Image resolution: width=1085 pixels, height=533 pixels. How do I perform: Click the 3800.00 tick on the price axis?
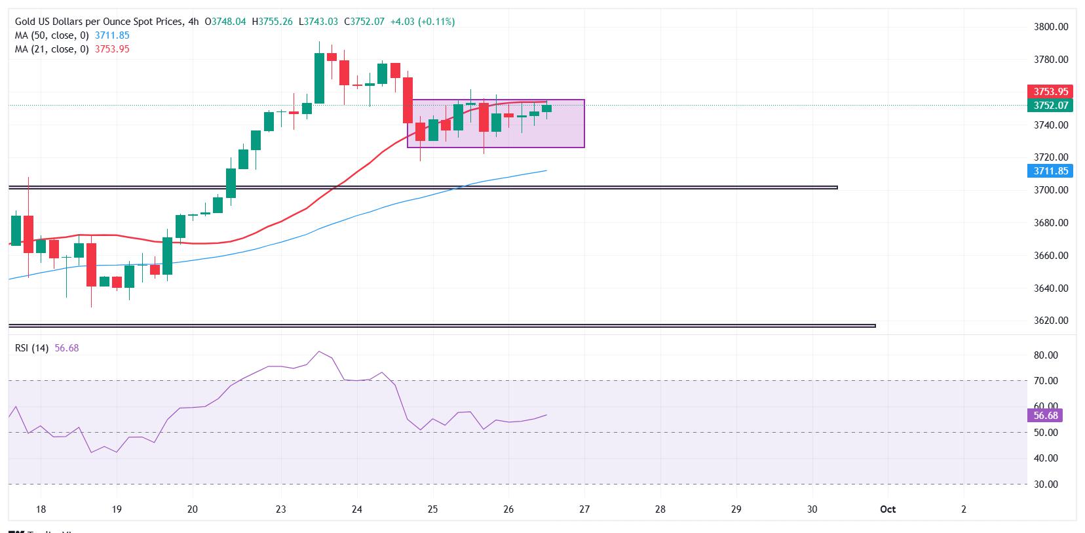click(x=1050, y=27)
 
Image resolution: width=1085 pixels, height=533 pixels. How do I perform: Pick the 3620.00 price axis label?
click(x=1050, y=321)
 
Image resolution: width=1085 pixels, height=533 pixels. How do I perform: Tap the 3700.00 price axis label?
click(x=1050, y=190)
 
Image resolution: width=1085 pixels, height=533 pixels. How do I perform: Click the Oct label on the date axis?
click(x=888, y=509)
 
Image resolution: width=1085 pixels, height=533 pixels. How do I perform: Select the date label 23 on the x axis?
click(x=280, y=509)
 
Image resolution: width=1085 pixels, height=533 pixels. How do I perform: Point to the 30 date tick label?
click(x=812, y=509)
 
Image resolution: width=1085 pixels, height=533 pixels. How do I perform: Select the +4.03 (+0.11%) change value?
click(x=422, y=22)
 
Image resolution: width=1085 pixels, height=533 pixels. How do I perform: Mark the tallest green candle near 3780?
click(x=319, y=78)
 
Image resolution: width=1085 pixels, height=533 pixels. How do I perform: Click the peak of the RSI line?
click(x=319, y=352)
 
